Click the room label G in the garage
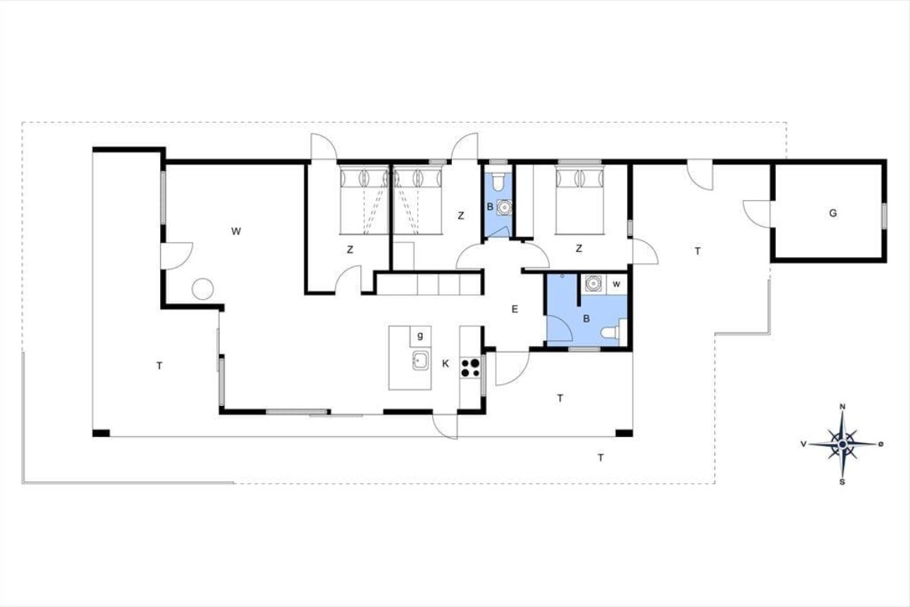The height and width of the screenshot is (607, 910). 833,213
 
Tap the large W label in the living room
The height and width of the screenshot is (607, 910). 236,231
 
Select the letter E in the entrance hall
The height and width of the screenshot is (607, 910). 515,310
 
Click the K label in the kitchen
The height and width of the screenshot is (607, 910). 446,363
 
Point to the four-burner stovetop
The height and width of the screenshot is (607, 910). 470,367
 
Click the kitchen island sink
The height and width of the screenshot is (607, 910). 421,360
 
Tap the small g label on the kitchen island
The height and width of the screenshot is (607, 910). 420,335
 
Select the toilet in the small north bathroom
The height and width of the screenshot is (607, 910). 497,181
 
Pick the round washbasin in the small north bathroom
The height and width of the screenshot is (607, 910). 504,207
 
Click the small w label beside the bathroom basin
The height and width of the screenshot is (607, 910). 617,285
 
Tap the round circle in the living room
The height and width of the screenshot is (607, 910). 202,289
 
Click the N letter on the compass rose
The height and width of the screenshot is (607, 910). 843,407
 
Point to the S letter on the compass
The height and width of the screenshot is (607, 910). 843,482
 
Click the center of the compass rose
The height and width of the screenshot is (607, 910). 843,444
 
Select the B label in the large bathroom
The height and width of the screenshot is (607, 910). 586,319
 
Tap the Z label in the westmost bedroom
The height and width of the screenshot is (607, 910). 350,250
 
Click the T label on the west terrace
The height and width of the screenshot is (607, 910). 160,366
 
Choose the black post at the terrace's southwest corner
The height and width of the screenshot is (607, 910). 101,433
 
